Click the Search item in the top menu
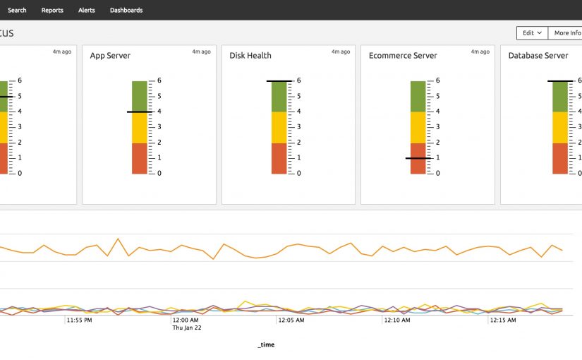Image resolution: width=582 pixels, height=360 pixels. click(17, 10)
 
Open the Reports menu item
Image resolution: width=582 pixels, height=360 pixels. click(52, 10)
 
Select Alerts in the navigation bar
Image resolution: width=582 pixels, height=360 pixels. click(87, 10)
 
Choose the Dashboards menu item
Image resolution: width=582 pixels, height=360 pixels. click(126, 10)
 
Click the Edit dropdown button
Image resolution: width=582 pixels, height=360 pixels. click(532, 32)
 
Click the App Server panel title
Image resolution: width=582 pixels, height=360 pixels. click(110, 56)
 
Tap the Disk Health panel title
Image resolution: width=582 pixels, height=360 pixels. click(250, 56)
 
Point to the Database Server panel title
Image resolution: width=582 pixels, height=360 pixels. click(538, 56)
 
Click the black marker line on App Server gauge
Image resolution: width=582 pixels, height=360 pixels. click(139, 112)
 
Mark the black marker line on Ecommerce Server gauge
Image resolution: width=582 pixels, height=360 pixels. click(418, 158)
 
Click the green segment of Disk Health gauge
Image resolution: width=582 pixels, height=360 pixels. click(279, 96)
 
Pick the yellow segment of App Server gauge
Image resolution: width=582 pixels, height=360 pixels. click(139, 128)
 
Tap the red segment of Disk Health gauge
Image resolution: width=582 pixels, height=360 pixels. click(279, 158)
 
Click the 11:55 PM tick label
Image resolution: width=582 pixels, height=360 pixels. click(79, 320)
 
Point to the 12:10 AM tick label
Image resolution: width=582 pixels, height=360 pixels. click(396, 320)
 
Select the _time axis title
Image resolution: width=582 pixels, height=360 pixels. click(266, 344)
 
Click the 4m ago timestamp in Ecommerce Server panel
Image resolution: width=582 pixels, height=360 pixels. click(480, 52)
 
